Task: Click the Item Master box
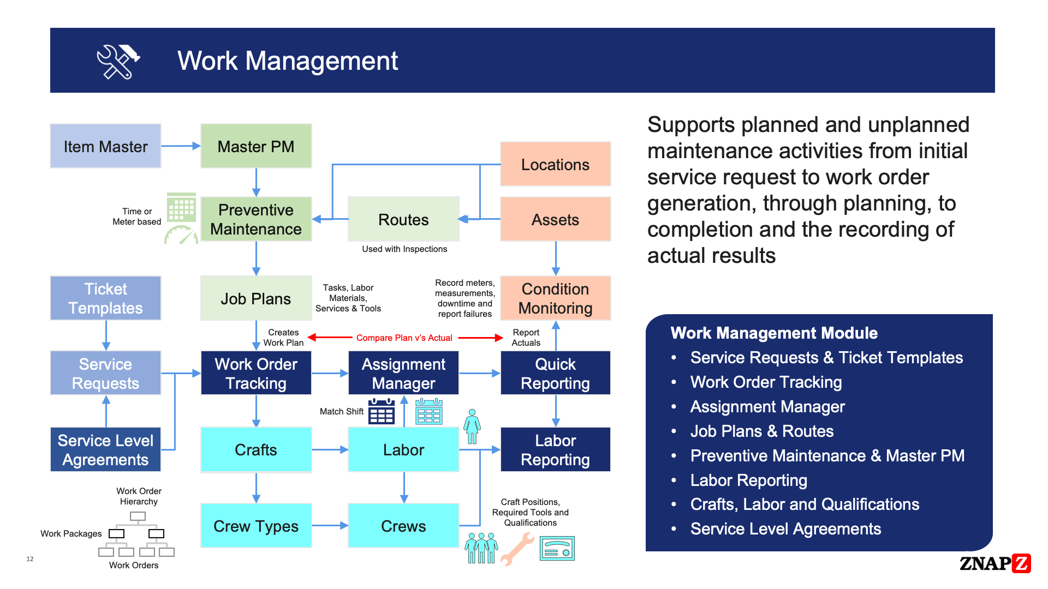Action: [105, 146]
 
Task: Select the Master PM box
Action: [255, 146]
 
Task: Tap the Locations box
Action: [555, 164]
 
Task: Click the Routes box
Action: [403, 219]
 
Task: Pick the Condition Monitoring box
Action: [555, 298]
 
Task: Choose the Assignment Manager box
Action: [403, 373]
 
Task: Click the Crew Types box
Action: [255, 526]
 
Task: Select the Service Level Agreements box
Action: [105, 449]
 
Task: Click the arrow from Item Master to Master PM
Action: [181, 146]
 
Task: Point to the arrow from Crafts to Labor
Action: [330, 450]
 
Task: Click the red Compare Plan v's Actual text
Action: [404, 338]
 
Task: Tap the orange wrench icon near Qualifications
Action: [517, 548]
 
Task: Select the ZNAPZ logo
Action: [995, 563]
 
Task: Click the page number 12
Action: [30, 559]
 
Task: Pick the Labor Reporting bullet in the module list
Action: [748, 480]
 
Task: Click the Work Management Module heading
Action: [773, 333]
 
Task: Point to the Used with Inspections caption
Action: [404, 249]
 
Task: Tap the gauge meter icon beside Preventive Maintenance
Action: [181, 235]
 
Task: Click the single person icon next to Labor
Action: [472, 426]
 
